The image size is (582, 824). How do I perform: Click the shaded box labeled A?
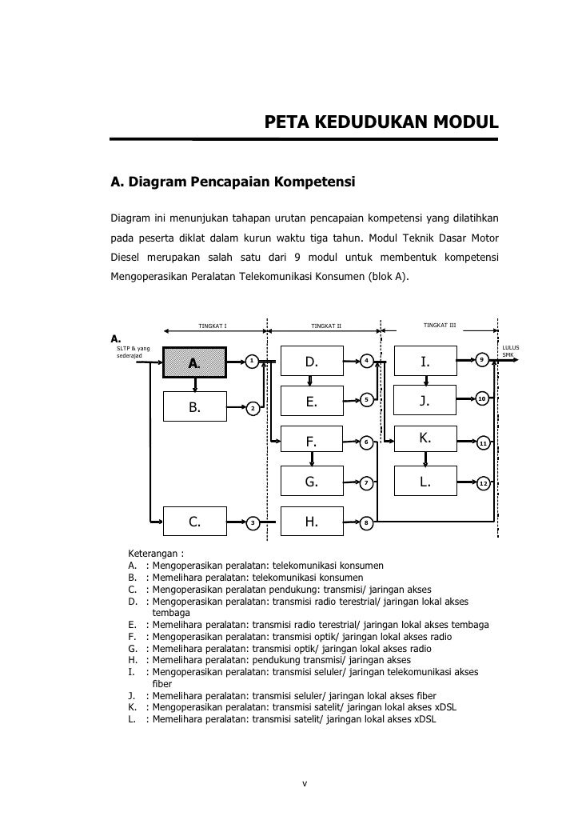coord(195,364)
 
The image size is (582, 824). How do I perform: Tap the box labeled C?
coord(195,522)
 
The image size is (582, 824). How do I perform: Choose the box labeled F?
coord(312,441)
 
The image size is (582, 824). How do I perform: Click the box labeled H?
coord(312,522)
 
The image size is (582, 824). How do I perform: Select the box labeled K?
coord(426,439)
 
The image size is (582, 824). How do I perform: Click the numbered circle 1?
coord(252,361)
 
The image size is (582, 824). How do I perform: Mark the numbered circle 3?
coord(252,522)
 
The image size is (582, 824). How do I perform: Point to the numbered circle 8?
coord(366,523)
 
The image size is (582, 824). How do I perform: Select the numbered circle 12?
coord(483,484)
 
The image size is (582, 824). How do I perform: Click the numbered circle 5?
coord(366,399)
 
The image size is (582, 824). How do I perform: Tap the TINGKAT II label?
coord(326,326)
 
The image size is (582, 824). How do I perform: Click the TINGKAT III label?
coord(440,325)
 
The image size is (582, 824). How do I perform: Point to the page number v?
coord(304,782)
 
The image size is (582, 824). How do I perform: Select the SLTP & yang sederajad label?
coord(133,352)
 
